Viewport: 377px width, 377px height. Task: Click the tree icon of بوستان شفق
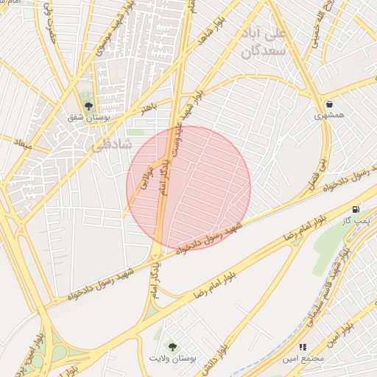88,106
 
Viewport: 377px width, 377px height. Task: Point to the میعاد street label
24,141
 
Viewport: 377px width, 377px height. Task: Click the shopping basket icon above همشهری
328,104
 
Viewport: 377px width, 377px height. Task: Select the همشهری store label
328,116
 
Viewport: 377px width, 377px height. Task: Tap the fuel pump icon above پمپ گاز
357,210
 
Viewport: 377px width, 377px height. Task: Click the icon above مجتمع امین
303,346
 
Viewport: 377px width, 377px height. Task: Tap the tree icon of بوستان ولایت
172,345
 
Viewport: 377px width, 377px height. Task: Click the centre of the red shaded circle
188,188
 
